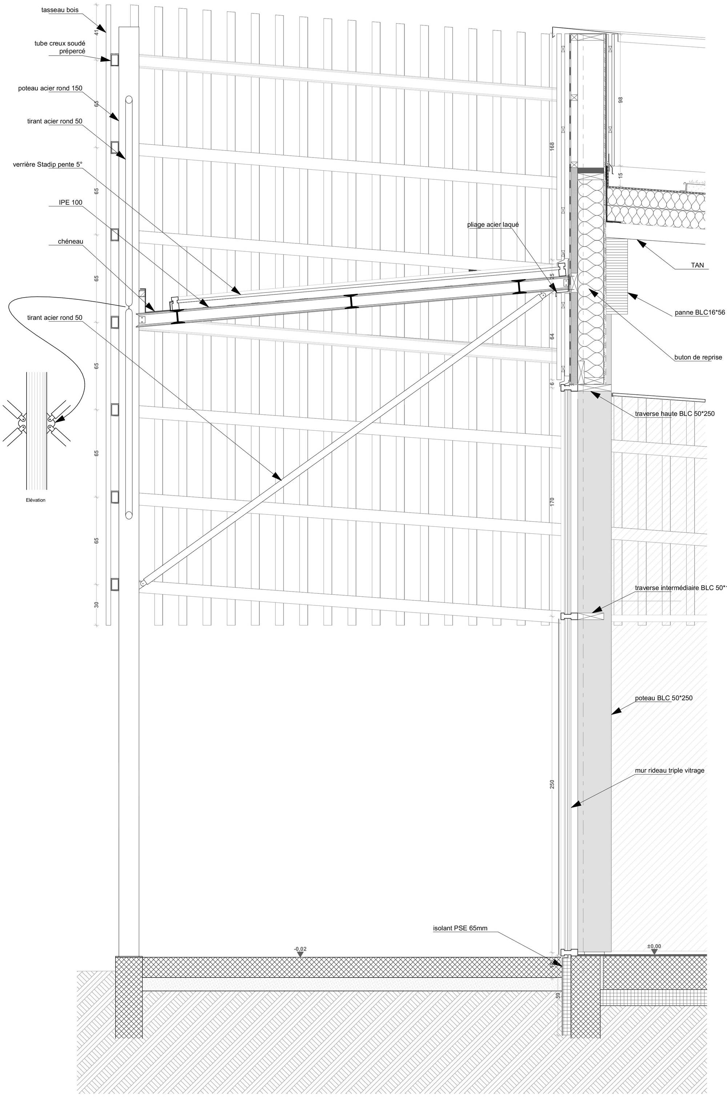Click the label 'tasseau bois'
click(60, 10)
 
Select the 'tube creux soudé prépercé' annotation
click(60, 47)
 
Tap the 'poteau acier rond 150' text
click(50, 88)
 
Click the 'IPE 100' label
click(71, 203)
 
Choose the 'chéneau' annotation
click(71, 241)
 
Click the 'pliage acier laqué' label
click(493, 224)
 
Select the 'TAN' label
click(697, 266)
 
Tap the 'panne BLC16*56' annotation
click(699, 313)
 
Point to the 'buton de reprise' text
click(698, 357)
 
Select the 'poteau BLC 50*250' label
click(663, 698)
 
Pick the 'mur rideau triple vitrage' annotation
click(669, 770)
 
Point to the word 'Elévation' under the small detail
click(36, 500)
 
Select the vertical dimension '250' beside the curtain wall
click(552, 784)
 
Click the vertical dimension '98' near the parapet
click(621, 99)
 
